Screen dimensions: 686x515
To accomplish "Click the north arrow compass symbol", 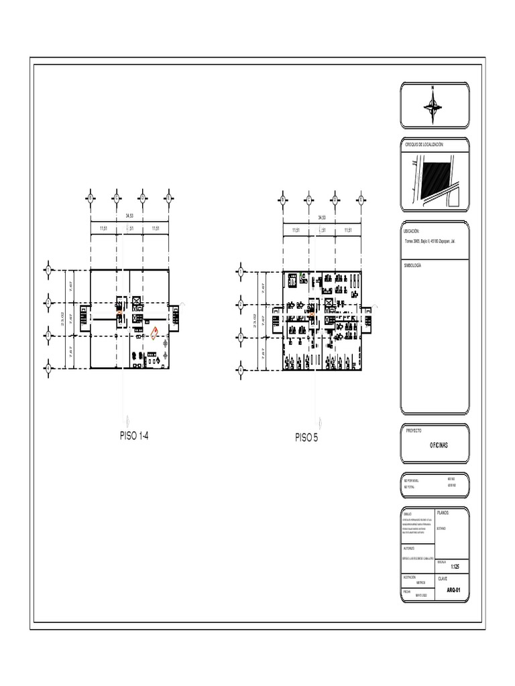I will pos(434,105).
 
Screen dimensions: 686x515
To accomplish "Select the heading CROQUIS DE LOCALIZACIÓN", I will pos(424,145).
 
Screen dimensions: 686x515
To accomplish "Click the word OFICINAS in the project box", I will pos(439,445).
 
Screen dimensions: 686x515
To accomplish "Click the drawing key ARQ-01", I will pos(454,591).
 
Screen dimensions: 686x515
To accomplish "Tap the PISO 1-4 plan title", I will pos(134,437).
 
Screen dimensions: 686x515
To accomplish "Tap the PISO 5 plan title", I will pos(307,438).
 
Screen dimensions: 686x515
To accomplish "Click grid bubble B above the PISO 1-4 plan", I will pos(116,198).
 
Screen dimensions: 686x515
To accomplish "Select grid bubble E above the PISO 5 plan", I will pos(361,199).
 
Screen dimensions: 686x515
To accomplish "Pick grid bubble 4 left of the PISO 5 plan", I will pos(239,369).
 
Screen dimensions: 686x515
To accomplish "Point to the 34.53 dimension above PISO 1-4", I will pos(129,216).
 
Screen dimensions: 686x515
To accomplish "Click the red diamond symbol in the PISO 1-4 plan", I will pos(155,332).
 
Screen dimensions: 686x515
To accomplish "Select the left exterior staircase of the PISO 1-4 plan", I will pos(84,317).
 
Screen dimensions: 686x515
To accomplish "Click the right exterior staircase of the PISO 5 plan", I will pos(370,317).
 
